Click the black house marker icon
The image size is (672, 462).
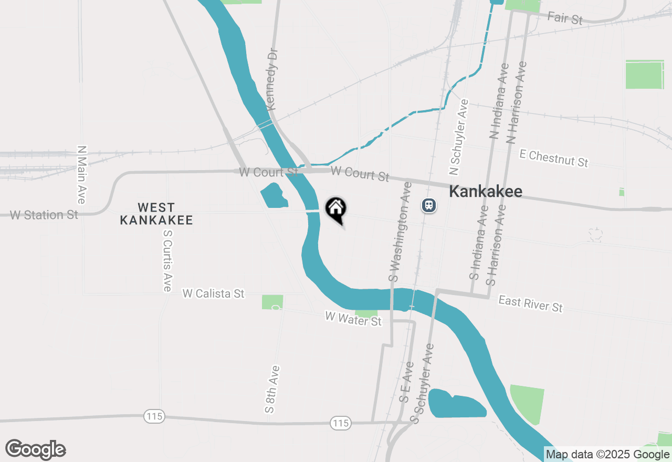click(x=336, y=209)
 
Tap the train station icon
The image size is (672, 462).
click(x=429, y=205)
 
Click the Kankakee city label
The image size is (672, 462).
click(x=486, y=192)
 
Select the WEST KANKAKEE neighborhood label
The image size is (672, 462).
click(x=156, y=214)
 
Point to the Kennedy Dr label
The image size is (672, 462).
click(x=271, y=79)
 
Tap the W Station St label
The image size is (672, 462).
click(x=44, y=215)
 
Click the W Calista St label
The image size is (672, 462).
click(x=213, y=293)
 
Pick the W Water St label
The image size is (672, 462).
click(x=353, y=319)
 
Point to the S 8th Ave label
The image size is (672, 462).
click(x=272, y=388)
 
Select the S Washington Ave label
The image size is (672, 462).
click(x=400, y=232)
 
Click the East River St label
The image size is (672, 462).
click(x=530, y=303)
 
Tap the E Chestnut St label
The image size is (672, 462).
click(x=553, y=158)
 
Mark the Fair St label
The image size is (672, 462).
click(x=565, y=18)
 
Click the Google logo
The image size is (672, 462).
click(x=36, y=449)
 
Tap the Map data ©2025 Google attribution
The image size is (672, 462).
click(x=608, y=455)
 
